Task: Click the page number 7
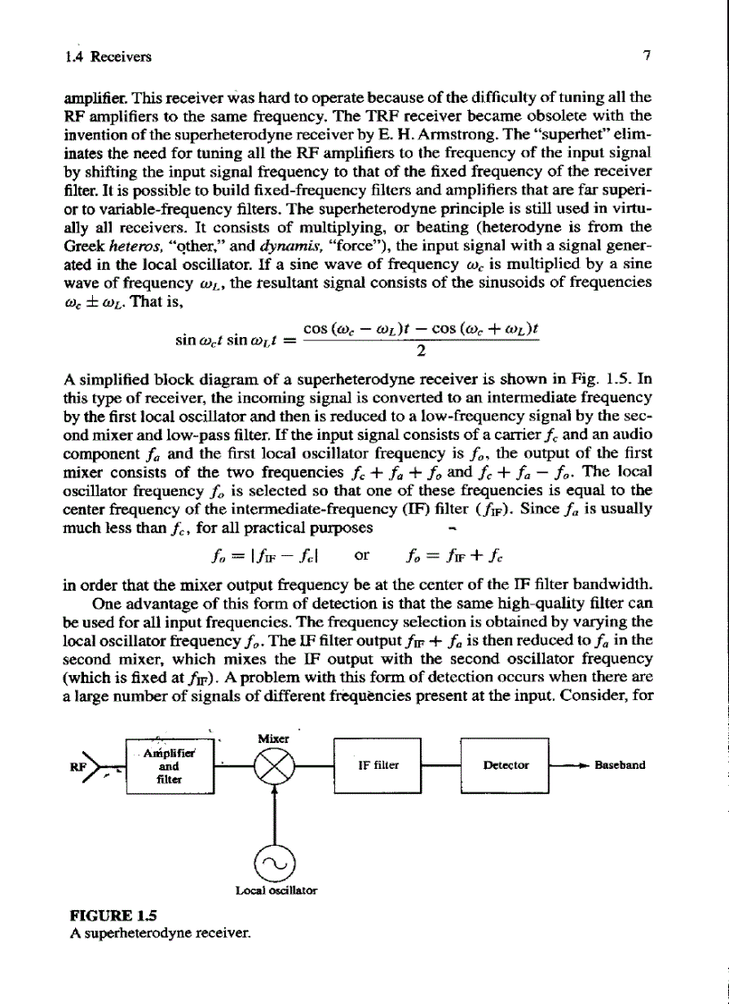coord(646,58)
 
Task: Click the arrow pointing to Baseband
coord(577,765)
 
